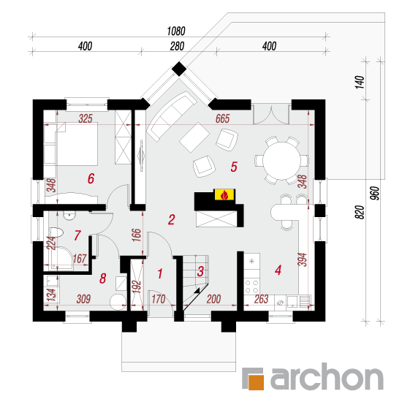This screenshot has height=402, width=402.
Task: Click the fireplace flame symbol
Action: click(224, 195)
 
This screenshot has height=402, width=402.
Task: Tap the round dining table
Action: click(281, 161)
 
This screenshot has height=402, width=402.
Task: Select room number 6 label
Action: click(91, 178)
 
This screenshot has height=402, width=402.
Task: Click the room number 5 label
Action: click(234, 167)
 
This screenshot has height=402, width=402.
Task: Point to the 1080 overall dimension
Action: click(176, 31)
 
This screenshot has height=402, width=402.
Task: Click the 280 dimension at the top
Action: click(177, 46)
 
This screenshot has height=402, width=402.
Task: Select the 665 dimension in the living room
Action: click(222, 118)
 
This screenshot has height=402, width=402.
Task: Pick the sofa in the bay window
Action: click(170, 116)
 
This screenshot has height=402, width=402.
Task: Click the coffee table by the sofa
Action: click(194, 137)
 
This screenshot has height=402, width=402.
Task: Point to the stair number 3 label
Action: click(200, 271)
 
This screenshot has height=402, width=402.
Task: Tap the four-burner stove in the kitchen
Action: click(251, 287)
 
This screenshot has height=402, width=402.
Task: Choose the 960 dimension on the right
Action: click(374, 193)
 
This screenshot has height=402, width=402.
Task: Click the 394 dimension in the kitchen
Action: click(303, 259)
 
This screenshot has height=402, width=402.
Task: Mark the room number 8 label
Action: click(103, 278)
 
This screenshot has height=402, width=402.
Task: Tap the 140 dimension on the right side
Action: click(360, 82)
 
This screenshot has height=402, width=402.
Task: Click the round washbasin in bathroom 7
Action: click(69, 216)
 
